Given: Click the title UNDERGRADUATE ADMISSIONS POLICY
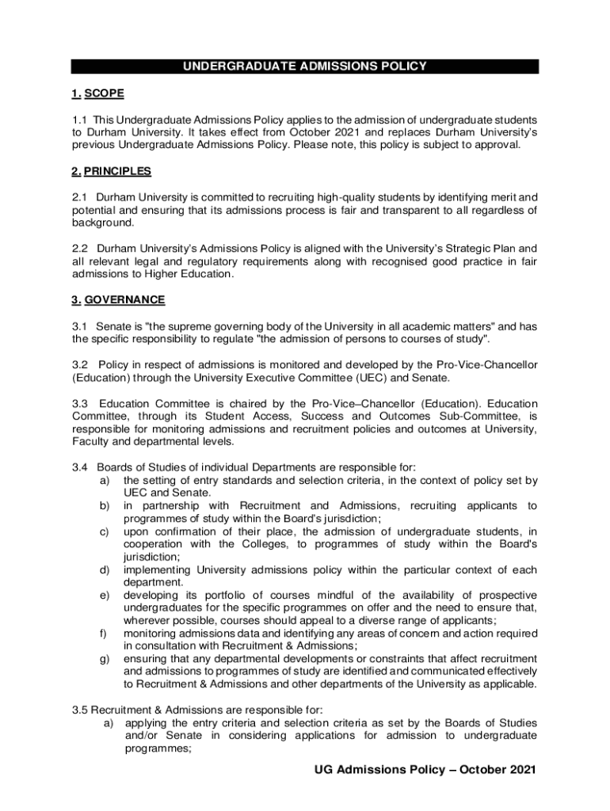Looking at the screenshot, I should tap(305, 67).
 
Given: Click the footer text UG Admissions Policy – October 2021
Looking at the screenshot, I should tap(425, 770).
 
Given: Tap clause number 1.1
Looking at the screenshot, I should tap(79, 119).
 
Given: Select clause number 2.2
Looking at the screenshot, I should tap(79, 248).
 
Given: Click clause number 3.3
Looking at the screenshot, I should tap(79, 403).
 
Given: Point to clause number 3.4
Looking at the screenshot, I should tap(79, 467).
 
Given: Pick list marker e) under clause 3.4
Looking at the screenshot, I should tap(104, 596).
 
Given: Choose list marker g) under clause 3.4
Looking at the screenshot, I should tap(104, 659).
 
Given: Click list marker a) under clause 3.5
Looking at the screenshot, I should tap(105, 723).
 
